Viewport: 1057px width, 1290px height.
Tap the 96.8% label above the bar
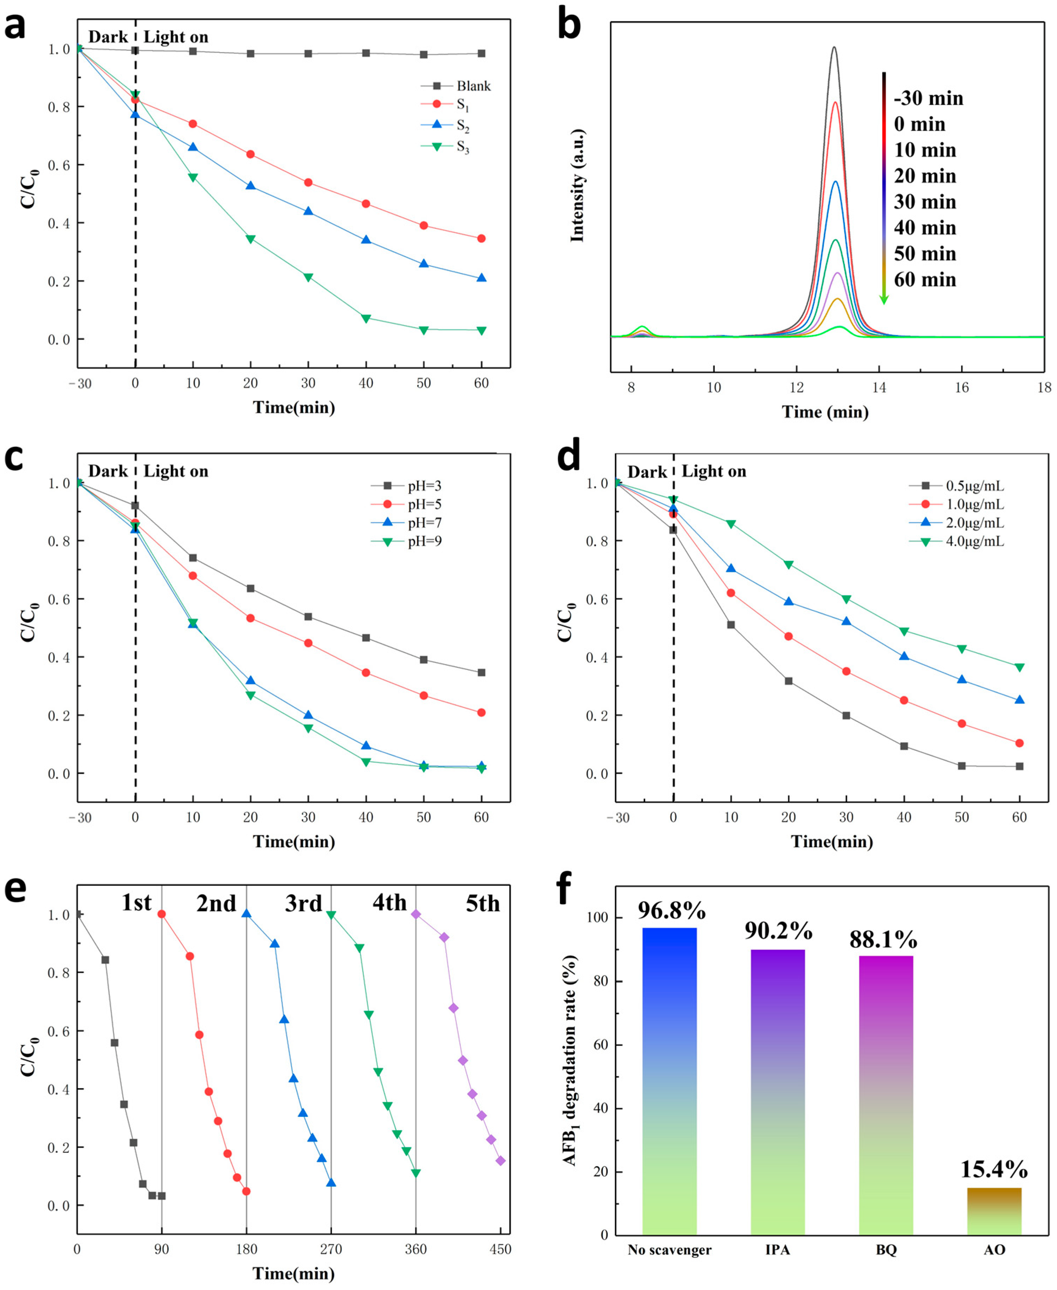pos(671,910)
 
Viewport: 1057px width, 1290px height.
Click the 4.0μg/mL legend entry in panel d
pos(974,541)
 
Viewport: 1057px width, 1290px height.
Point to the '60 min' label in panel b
pos(924,280)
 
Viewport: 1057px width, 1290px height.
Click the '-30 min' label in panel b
pos(928,98)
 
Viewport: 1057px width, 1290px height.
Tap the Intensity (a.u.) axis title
pos(577,186)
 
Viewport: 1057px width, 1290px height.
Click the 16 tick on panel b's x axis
pos(961,388)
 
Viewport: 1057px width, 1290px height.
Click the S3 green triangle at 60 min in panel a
pos(481,331)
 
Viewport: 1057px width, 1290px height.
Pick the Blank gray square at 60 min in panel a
pos(481,53)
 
